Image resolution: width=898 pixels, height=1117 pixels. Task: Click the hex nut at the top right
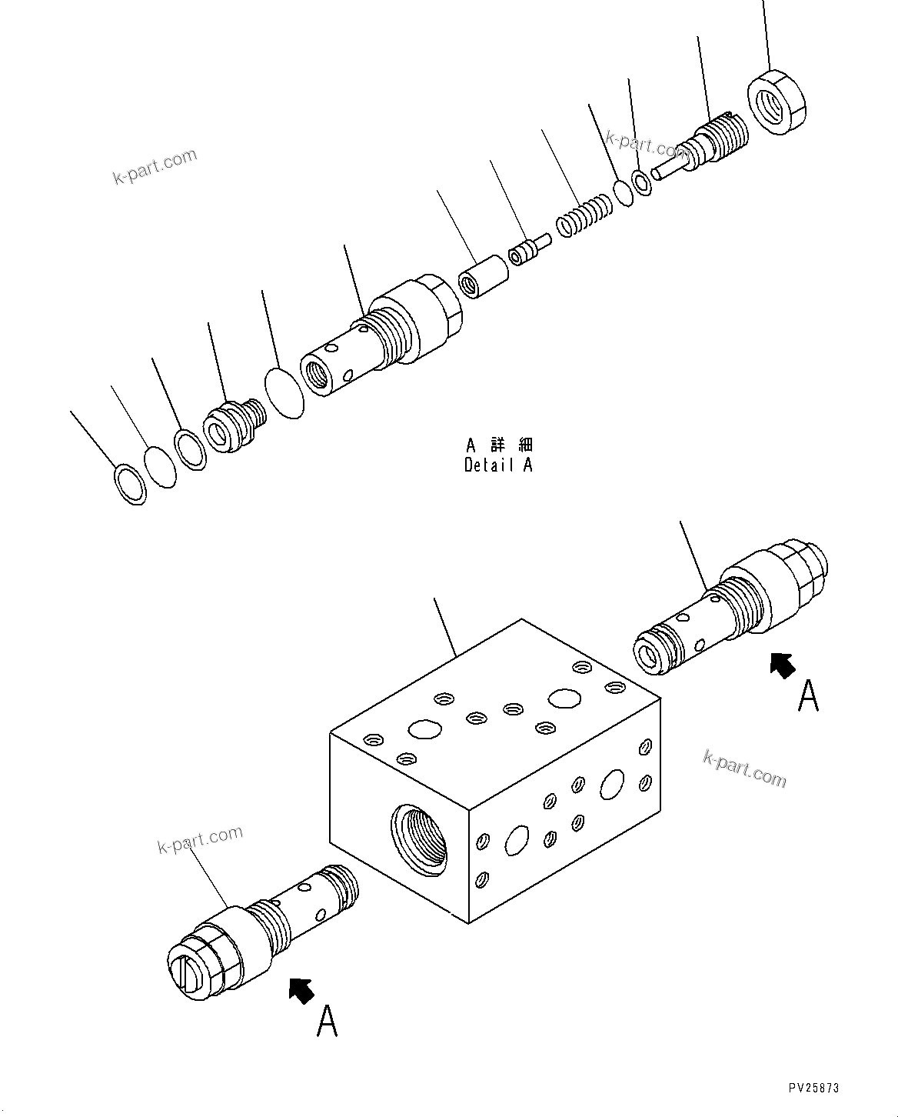click(777, 103)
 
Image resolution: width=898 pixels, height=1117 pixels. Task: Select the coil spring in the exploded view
click(584, 216)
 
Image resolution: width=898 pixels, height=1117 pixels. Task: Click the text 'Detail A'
click(498, 465)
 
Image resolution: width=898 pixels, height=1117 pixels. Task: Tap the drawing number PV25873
click(813, 1088)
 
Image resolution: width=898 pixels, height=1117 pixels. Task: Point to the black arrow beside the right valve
click(783, 664)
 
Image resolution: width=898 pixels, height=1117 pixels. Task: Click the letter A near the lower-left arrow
click(328, 1021)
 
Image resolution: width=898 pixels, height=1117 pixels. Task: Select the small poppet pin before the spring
click(530, 250)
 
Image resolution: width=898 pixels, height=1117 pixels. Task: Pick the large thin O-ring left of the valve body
click(284, 394)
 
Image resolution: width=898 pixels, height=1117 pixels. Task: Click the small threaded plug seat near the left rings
click(233, 428)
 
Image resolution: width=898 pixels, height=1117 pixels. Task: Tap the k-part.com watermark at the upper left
click(155, 167)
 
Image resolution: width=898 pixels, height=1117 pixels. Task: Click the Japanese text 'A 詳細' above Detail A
click(499, 445)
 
